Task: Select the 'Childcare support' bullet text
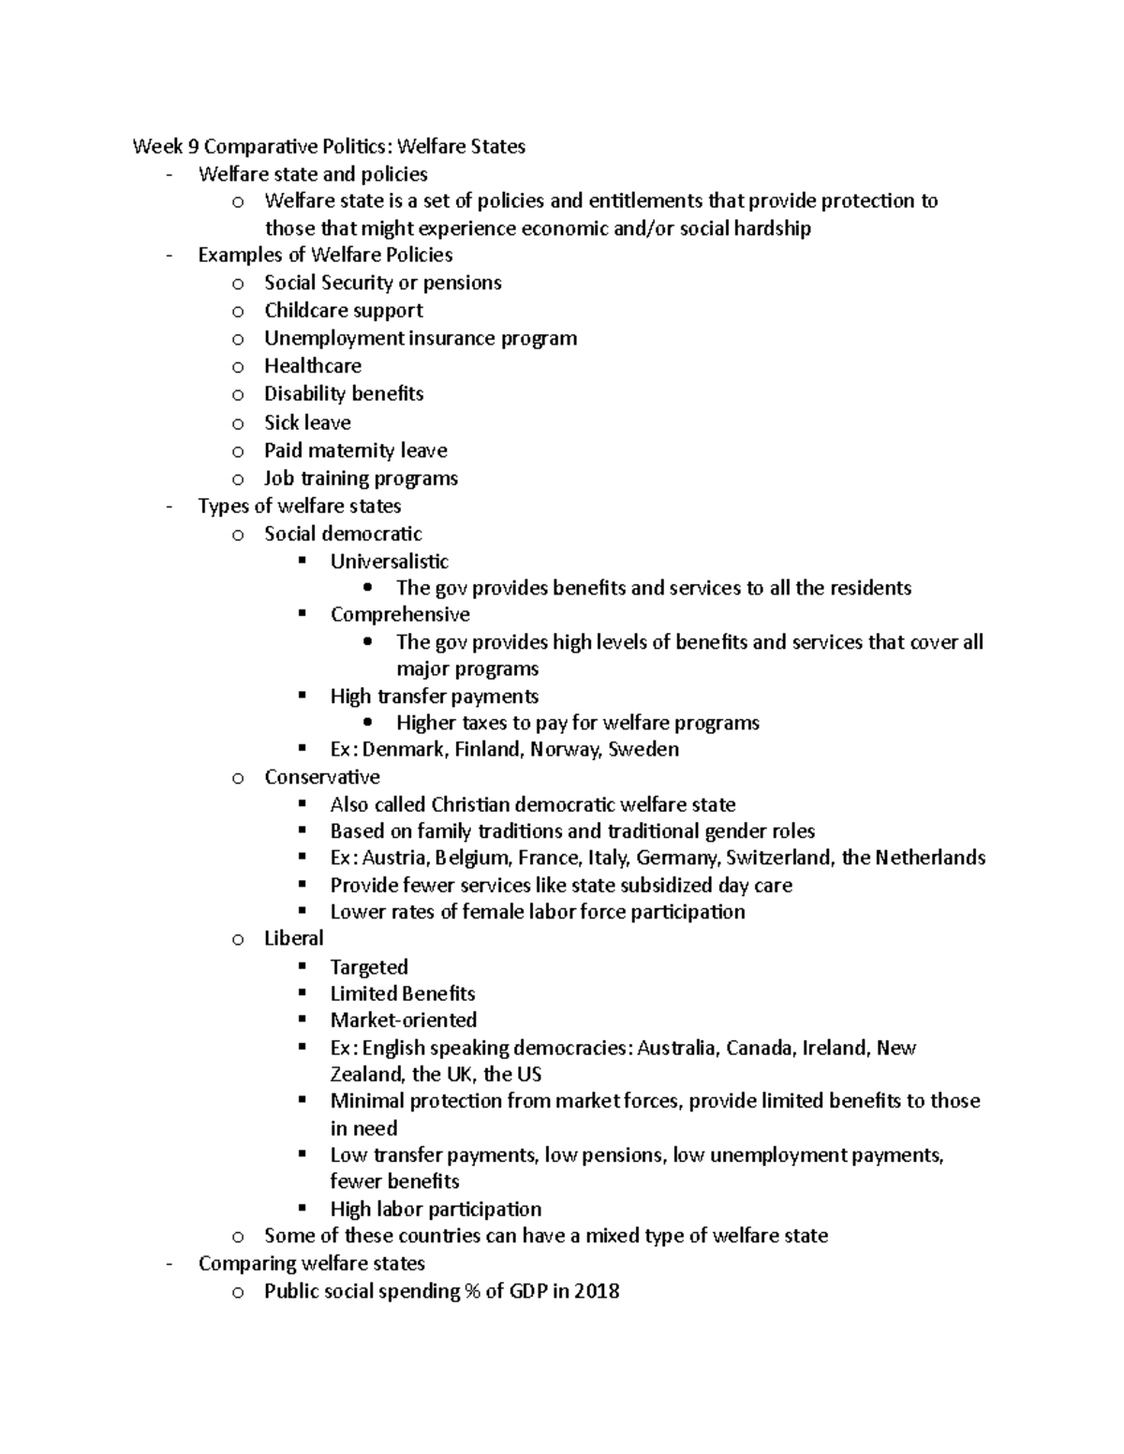click(x=343, y=311)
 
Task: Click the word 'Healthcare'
click(x=312, y=366)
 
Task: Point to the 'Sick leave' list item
click(x=307, y=422)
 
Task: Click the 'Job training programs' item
click(x=361, y=478)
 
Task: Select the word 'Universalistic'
click(x=389, y=562)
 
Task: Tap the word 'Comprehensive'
click(x=400, y=615)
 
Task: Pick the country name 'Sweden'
click(x=643, y=750)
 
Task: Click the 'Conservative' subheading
click(x=321, y=777)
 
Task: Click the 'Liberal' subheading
click(x=293, y=939)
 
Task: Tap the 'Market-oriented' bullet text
click(x=403, y=1021)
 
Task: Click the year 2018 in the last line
click(x=597, y=1292)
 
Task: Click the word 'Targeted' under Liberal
click(x=369, y=967)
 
